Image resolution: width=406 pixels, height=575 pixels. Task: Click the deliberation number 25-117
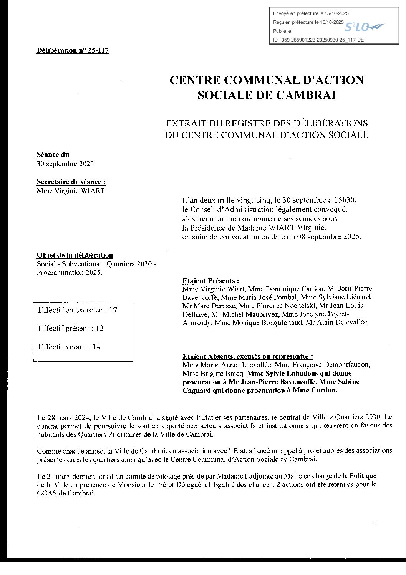[x=98, y=50]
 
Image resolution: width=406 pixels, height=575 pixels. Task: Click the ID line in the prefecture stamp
[x=318, y=40]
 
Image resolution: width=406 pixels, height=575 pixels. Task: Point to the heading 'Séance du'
[x=53, y=155]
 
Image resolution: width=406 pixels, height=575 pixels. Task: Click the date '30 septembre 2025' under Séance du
[x=65, y=164]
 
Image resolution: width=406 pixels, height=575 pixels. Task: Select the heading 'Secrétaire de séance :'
[x=71, y=182]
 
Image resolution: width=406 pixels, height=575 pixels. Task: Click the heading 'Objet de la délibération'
[x=75, y=255]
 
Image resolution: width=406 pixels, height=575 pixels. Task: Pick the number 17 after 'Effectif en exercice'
[x=113, y=310]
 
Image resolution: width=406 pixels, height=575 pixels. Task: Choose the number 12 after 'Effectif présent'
[x=99, y=329]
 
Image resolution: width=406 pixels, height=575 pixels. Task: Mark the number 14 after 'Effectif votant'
[x=96, y=347]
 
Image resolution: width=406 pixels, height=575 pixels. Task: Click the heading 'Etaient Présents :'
[x=211, y=281]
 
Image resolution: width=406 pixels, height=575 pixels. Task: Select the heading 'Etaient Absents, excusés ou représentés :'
[x=248, y=356]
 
